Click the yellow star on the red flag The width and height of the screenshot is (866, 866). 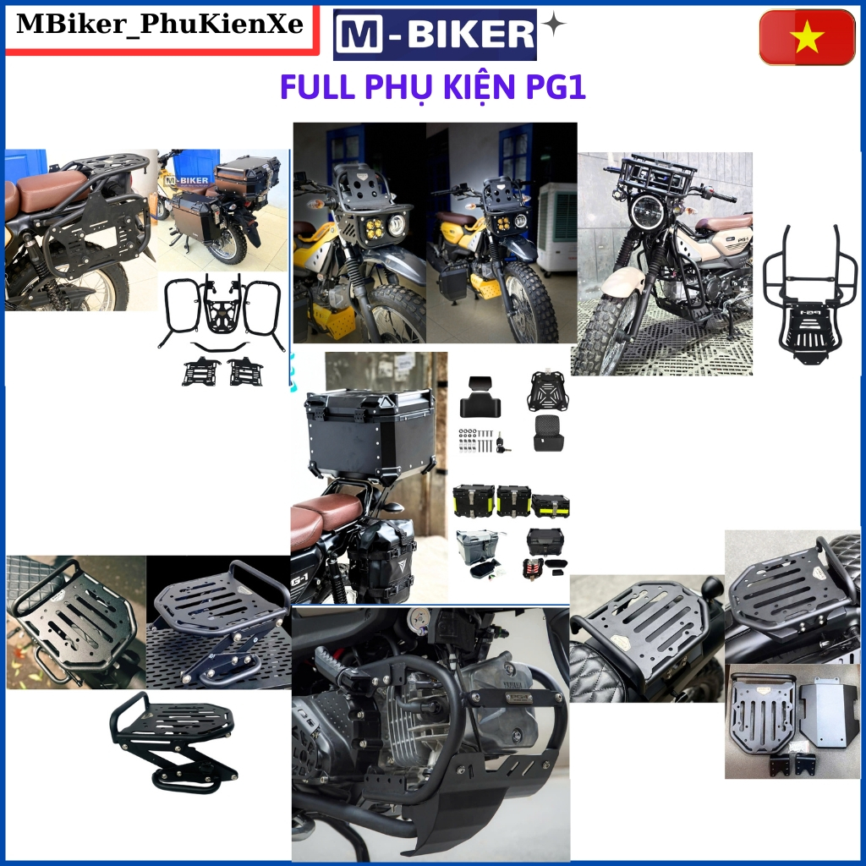(808, 36)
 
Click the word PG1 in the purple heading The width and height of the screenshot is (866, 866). (556, 88)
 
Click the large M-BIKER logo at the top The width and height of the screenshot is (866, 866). (435, 35)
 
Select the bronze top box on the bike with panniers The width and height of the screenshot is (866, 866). (241, 176)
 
